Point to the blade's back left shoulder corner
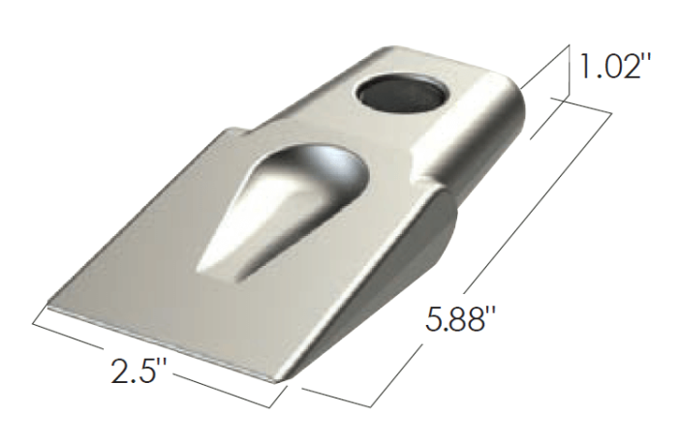(229, 130)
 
